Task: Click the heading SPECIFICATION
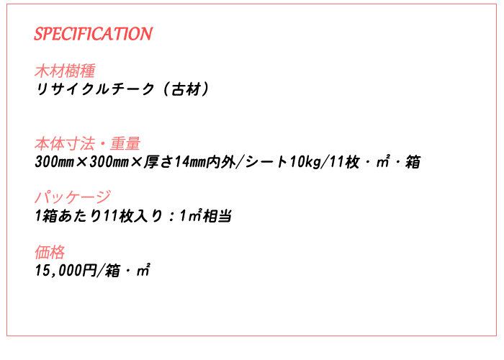tap(93, 34)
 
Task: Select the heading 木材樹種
tap(65, 71)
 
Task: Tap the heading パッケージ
tap(73, 197)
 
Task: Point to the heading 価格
tap(50, 252)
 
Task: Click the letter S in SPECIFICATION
tap(39, 34)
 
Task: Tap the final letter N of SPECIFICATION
tap(146, 34)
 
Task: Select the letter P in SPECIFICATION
tap(48, 34)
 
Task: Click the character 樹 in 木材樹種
tap(72, 71)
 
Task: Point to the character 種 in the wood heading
tap(87, 71)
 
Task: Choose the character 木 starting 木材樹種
tap(42, 71)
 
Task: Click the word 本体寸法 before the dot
tap(64, 144)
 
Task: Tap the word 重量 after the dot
tap(125, 144)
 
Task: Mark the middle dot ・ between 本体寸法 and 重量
tap(102, 144)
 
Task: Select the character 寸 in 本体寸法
tap(72, 144)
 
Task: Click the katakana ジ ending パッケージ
tap(103, 197)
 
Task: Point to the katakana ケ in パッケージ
tap(73, 197)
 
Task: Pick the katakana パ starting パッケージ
tap(42, 197)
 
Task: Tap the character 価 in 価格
tap(42, 252)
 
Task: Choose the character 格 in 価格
tap(58, 252)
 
